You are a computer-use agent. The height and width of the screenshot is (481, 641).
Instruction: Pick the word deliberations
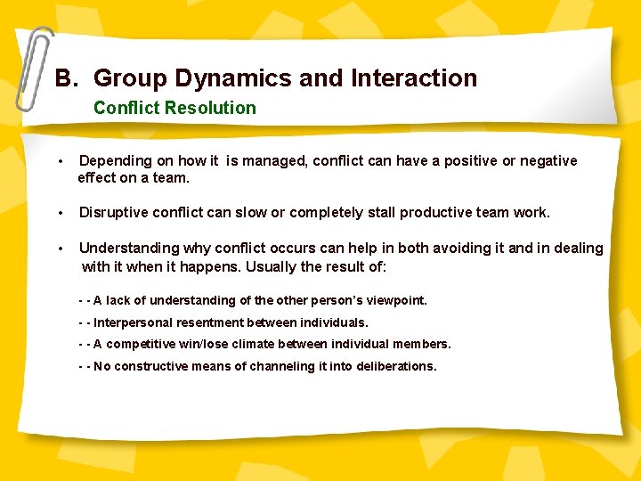(396, 366)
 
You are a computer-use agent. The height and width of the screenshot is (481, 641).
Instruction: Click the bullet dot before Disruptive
(61, 213)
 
